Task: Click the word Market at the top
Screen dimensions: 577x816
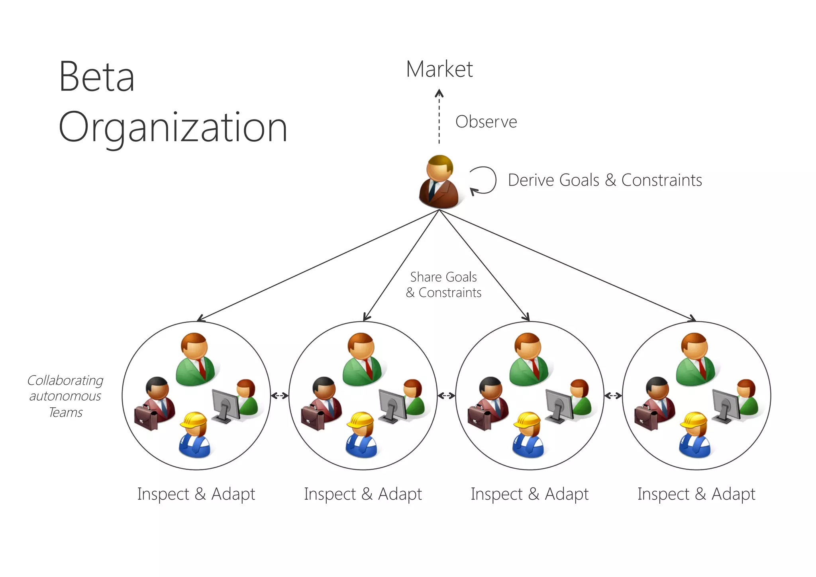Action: coord(439,69)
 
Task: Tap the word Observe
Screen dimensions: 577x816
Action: coord(486,122)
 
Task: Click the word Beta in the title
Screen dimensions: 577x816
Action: coord(96,77)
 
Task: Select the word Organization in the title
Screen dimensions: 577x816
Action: coord(173,128)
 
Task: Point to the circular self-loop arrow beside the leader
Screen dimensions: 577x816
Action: coord(483,180)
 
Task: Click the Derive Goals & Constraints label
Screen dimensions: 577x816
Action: coord(604,180)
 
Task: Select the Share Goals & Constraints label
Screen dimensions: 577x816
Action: coord(443,285)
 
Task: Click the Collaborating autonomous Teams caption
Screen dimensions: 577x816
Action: coord(65,396)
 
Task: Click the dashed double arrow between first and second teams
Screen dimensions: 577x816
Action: coord(280,396)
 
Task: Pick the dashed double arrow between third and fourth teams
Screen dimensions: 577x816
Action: coord(613,396)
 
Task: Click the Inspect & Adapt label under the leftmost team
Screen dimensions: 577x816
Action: coord(196,494)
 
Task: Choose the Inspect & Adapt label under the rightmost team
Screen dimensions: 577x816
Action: coord(696,494)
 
